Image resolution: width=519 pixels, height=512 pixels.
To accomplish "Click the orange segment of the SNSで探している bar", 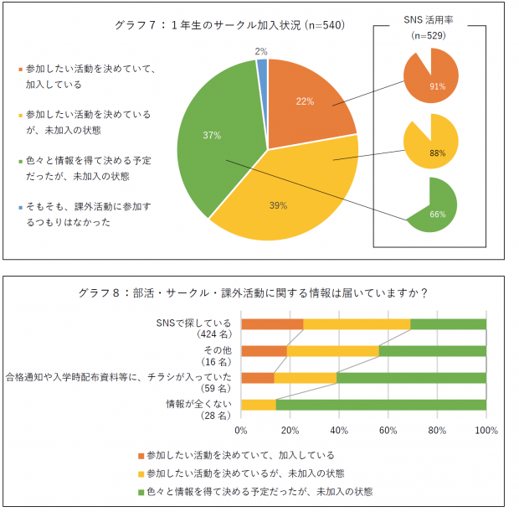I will click(x=272, y=324).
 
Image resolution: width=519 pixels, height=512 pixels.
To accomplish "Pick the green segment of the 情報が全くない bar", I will click(x=381, y=405).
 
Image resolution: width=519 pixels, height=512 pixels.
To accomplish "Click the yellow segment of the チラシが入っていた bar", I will click(x=305, y=378).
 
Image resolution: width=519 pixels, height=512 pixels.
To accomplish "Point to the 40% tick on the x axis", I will click(x=339, y=431).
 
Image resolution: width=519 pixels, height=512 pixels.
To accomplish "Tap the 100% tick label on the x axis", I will click(x=486, y=431).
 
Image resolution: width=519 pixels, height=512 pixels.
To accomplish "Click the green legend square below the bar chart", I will click(x=140, y=491).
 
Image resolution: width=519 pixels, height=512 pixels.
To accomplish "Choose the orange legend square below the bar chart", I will click(x=140, y=455).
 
